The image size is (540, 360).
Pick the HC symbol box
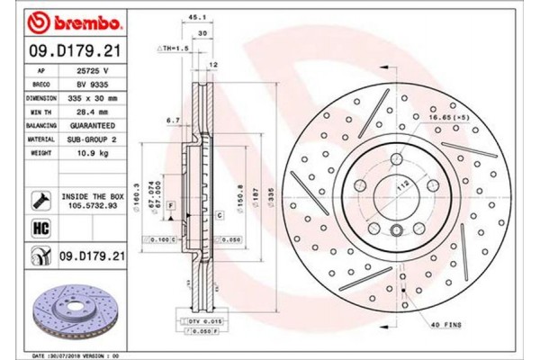(40, 229)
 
